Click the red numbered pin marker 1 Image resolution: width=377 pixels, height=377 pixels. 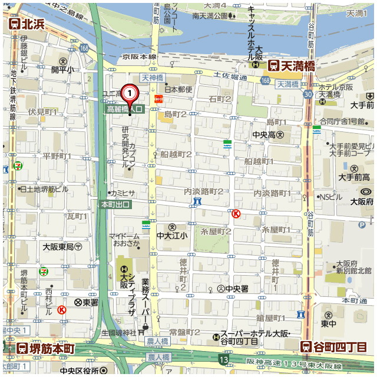(x=129, y=93)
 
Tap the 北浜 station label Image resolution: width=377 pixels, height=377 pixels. (x=27, y=24)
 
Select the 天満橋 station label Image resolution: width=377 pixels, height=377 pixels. (x=291, y=65)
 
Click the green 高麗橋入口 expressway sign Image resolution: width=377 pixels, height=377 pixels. (x=124, y=109)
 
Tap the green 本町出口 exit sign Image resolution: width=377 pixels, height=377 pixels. (x=115, y=204)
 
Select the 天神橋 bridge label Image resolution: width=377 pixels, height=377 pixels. (x=153, y=78)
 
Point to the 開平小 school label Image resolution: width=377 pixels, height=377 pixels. (x=63, y=70)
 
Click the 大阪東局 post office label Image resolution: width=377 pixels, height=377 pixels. (x=62, y=247)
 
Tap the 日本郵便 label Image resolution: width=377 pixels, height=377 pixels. (x=178, y=90)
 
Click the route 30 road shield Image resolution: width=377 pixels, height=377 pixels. (x=307, y=94)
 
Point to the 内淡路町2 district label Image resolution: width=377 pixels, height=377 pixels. (x=204, y=191)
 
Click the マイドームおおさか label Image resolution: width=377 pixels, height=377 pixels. (x=124, y=240)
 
